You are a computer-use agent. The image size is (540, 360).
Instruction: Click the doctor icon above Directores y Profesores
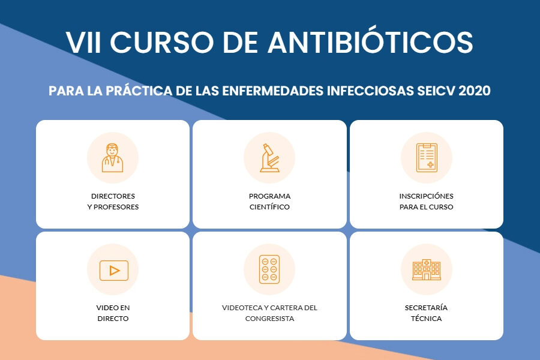point(113,158)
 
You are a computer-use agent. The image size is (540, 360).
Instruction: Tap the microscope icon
point(269,158)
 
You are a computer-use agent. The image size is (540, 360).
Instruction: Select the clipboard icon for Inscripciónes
point(427,158)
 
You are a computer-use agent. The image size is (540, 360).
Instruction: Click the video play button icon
point(113,271)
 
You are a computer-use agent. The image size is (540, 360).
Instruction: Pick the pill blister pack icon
point(269,269)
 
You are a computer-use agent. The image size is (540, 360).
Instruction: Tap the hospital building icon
point(427,270)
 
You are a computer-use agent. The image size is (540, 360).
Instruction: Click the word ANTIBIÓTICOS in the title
point(370,42)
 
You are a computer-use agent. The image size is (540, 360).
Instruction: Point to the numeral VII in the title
point(83,43)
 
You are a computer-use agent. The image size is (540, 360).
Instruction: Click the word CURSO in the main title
point(162,43)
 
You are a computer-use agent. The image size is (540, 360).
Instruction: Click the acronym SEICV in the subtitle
point(436,91)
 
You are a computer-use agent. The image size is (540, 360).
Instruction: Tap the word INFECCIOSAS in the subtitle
point(370,91)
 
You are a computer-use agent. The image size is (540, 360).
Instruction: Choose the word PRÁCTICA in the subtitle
point(139,91)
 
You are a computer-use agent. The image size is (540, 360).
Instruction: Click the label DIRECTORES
point(113,196)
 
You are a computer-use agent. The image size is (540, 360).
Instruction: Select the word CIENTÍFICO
point(269,207)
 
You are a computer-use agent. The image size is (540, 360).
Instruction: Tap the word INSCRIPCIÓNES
point(427,196)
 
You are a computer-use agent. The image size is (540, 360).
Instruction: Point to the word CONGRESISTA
point(269,319)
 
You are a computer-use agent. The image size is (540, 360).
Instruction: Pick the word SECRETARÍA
point(427,308)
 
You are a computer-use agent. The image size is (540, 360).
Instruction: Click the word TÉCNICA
point(427,319)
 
